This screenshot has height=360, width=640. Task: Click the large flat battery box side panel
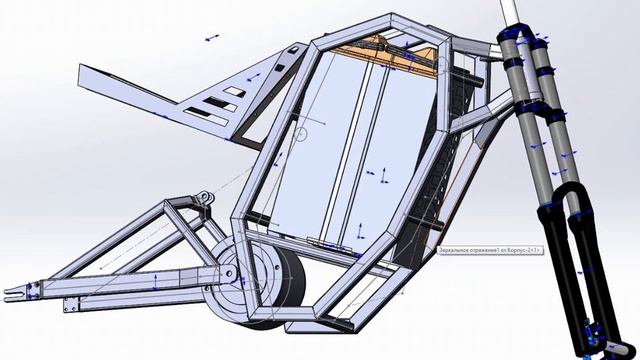point(340,150)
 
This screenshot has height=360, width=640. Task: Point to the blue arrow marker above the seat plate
point(212,38)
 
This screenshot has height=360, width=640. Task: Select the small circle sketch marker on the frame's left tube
point(299,133)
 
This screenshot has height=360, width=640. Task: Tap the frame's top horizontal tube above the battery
point(380,22)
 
